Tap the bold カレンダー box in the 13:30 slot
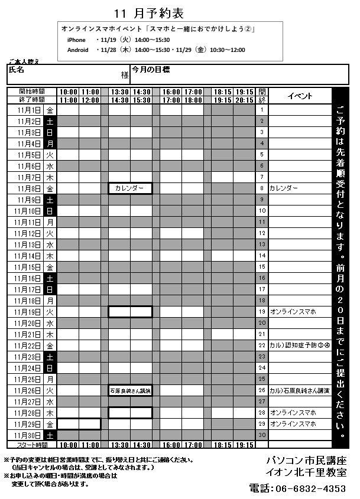pyautogui.click(x=130, y=188)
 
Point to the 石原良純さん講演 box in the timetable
pyautogui.click(x=130, y=390)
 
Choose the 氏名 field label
pyautogui.click(x=17, y=70)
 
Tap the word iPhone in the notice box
pyautogui.click(x=77, y=40)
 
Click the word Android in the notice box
pyautogui.click(x=79, y=50)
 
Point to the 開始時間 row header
pyautogui.click(x=31, y=92)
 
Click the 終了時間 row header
pyautogui.click(x=31, y=100)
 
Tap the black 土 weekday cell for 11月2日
pyautogui.click(x=50, y=121)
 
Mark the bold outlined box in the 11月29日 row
pyautogui.click(x=79, y=424)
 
